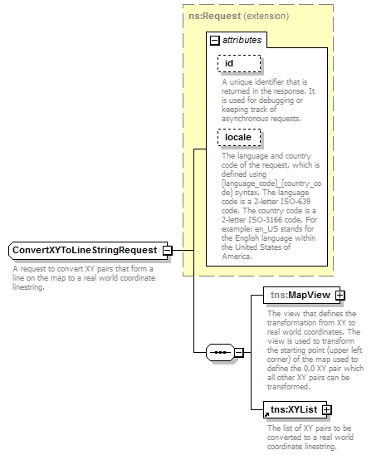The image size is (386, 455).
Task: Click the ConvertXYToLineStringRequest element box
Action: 84,251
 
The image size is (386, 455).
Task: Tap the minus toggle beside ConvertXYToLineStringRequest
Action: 167,251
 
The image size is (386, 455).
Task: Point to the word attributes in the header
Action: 241,40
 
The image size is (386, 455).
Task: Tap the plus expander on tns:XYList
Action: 327,409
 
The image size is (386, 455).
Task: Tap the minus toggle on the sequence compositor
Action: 239,352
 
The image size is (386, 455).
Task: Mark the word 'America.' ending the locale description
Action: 238,256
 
